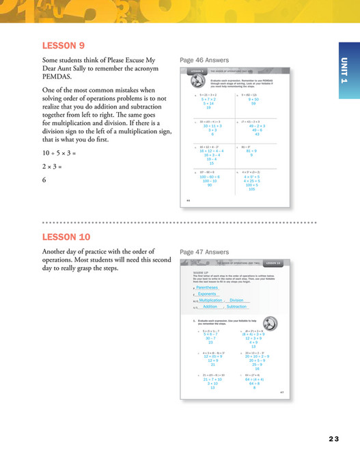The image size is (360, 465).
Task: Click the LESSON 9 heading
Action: point(64,46)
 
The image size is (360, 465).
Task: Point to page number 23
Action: point(333,438)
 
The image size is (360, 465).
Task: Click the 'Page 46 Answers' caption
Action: point(204,60)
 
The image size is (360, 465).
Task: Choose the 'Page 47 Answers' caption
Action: point(204,251)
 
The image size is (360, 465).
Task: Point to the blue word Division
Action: point(237,300)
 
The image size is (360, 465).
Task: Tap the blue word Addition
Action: point(210,307)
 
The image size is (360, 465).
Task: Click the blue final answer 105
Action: point(252,188)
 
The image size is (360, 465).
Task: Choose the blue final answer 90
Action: point(210,185)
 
